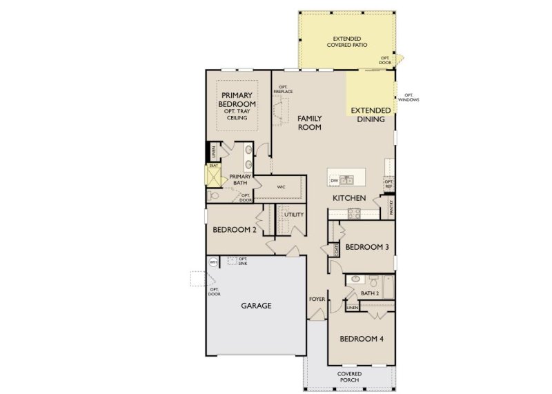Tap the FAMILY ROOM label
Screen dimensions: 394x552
[x=310, y=123]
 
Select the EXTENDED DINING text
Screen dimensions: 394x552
[x=371, y=115]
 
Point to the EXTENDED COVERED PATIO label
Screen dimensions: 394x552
[x=349, y=41]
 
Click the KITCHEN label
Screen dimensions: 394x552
[x=348, y=198]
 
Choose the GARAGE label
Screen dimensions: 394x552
[x=255, y=305]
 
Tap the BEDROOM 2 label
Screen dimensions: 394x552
[x=235, y=230]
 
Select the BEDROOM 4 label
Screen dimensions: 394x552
[x=362, y=339]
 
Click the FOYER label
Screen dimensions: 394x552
[x=317, y=299]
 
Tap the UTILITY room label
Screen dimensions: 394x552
[x=294, y=215]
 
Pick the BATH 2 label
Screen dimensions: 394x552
[x=371, y=293]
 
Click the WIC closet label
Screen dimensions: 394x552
[x=282, y=186]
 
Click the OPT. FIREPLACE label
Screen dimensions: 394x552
[x=281, y=90]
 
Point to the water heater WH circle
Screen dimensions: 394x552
[x=214, y=262]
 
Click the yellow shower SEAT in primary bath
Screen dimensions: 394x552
[x=213, y=166]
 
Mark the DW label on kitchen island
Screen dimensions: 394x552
[x=334, y=181]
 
